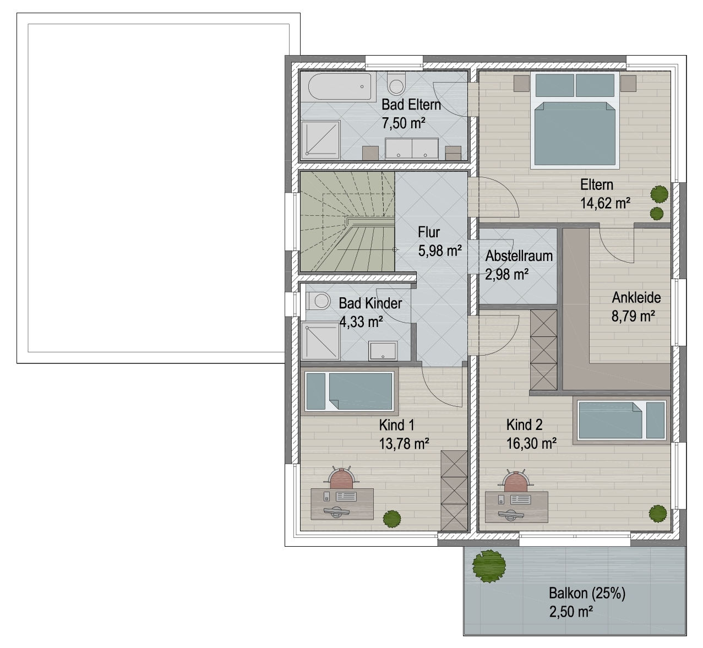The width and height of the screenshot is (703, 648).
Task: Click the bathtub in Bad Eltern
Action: pyautogui.click(x=340, y=86)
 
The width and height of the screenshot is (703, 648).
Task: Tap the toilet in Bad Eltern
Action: pyautogui.click(x=396, y=83)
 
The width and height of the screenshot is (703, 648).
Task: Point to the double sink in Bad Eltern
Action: pyautogui.click(x=412, y=148)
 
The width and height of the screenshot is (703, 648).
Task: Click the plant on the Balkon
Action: pyautogui.click(x=489, y=566)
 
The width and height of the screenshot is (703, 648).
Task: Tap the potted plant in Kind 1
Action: pyautogui.click(x=392, y=519)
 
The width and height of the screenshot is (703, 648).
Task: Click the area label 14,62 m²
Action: pyautogui.click(x=605, y=204)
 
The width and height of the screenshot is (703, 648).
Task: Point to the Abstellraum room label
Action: pyautogui.click(x=519, y=256)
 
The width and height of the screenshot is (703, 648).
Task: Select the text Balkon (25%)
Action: pyautogui.click(x=587, y=593)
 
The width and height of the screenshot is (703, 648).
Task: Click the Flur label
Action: pyautogui.click(x=429, y=232)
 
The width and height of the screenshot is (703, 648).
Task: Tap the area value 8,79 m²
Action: pyautogui.click(x=633, y=316)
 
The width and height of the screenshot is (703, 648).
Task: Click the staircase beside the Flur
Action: pyautogui.click(x=347, y=222)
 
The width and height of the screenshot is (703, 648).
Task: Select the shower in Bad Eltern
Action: pyautogui.click(x=321, y=140)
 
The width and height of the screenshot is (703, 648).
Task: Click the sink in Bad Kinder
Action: pyautogui.click(x=383, y=351)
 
